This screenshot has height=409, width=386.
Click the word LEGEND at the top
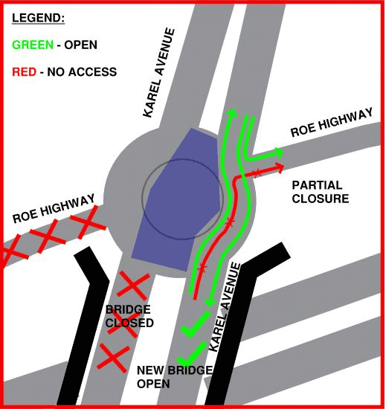(x=38, y=16)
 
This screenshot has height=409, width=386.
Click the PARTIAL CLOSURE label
(x=320, y=192)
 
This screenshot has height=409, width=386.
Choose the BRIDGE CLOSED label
(x=129, y=316)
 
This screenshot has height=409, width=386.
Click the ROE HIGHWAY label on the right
(x=331, y=122)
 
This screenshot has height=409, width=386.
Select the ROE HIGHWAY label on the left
(x=54, y=209)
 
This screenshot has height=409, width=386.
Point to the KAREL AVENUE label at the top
(x=159, y=72)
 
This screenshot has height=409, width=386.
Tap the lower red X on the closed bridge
(x=113, y=357)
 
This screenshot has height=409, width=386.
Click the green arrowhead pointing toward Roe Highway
(x=278, y=152)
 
